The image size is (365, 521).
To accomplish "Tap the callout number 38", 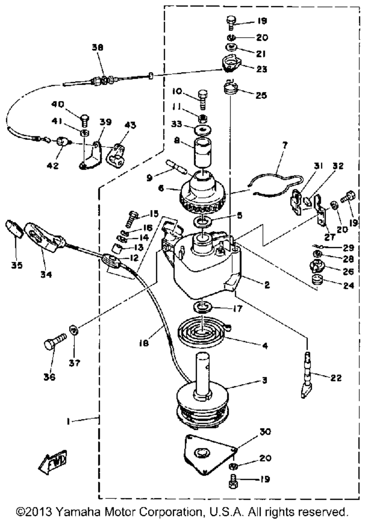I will [x=97, y=47].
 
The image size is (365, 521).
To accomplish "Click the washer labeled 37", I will [x=74, y=331].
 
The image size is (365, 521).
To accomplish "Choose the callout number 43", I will [x=130, y=125].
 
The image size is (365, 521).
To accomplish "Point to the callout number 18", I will [x=144, y=343].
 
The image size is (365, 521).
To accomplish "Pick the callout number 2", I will [x=266, y=285].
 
